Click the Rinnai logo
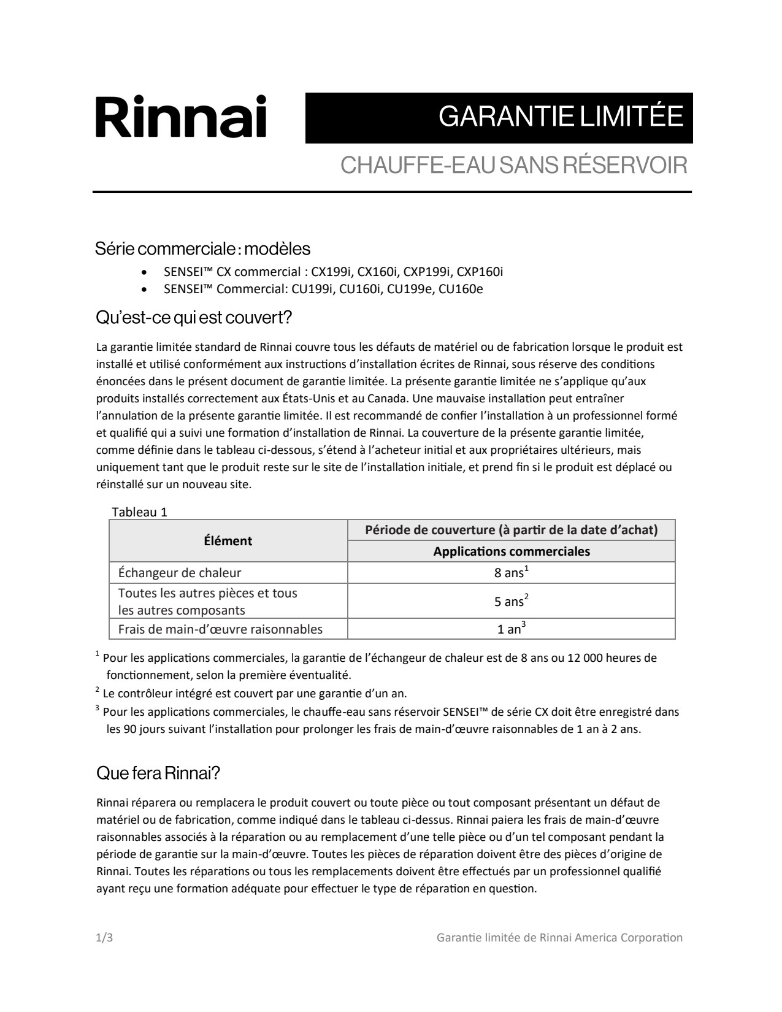(181, 117)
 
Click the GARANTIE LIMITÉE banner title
(561, 117)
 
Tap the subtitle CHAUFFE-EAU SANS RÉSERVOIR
(513, 165)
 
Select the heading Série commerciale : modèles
(202, 249)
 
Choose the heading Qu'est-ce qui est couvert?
(194, 318)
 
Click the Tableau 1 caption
(139, 512)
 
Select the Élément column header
(228, 541)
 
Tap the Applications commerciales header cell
(511, 551)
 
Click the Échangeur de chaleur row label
(180, 573)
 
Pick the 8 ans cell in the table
(511, 573)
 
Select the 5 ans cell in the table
(511, 601)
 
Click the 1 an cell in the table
(511, 629)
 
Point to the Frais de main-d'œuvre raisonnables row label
(220, 629)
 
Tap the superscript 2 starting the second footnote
(98, 691)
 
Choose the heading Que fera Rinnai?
(158, 773)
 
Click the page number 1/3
(104, 938)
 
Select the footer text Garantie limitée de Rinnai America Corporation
(559, 938)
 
